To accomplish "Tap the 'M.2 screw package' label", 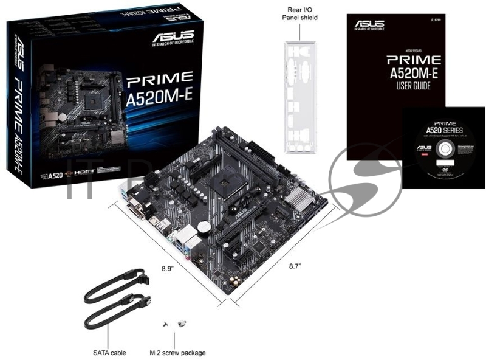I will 177,353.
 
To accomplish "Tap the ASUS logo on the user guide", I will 370,22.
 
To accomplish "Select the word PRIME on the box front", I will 160,79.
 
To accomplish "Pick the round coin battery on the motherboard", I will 207,225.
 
